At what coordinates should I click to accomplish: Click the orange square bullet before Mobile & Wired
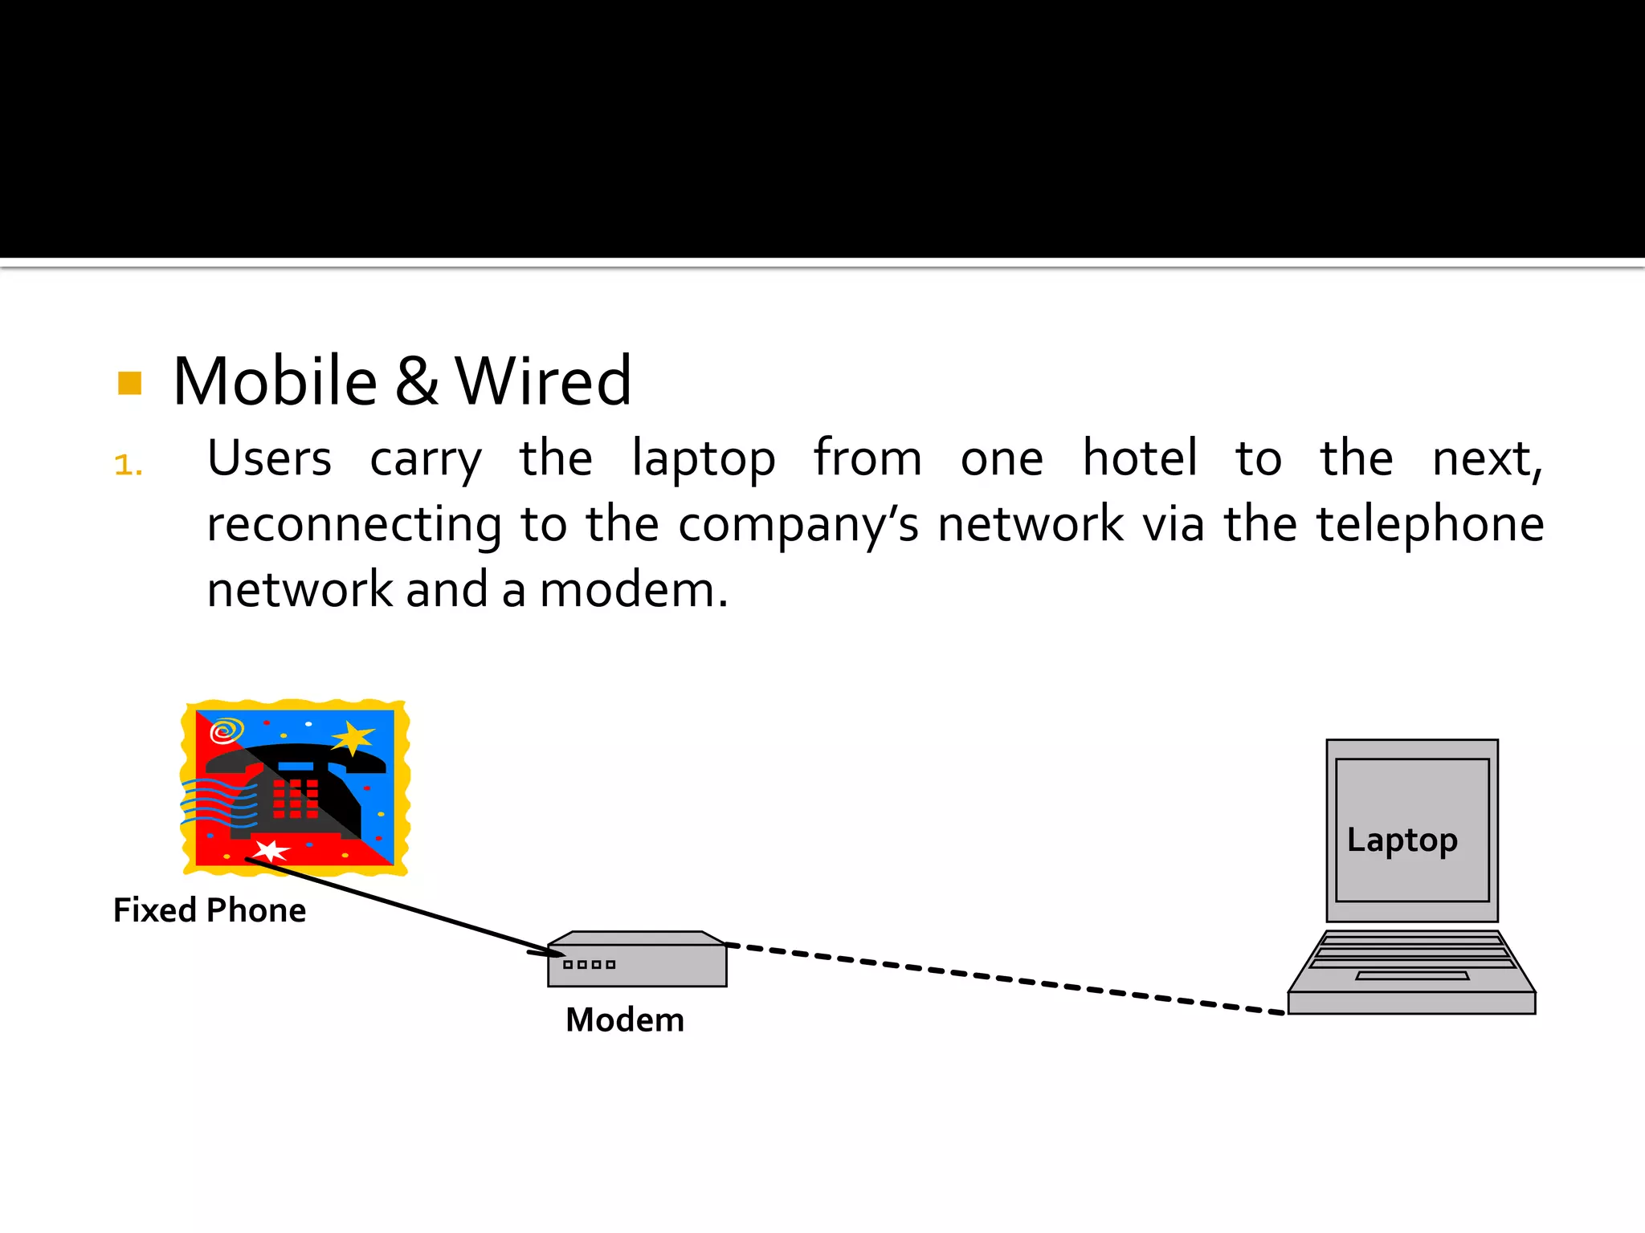[129, 383]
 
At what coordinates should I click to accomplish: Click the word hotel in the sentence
[1140, 458]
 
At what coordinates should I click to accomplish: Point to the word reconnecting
[354, 525]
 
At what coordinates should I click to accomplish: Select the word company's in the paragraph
[798, 525]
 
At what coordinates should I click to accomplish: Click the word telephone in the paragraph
[1431, 525]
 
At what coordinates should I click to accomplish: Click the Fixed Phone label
[210, 910]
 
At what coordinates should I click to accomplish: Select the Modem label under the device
[625, 1020]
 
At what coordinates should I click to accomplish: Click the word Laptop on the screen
[1402, 840]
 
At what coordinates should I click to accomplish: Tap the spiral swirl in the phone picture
[226, 731]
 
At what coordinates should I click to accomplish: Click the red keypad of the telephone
[295, 798]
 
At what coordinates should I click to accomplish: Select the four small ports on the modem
[590, 964]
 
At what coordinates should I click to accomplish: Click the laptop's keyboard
[1412, 955]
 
